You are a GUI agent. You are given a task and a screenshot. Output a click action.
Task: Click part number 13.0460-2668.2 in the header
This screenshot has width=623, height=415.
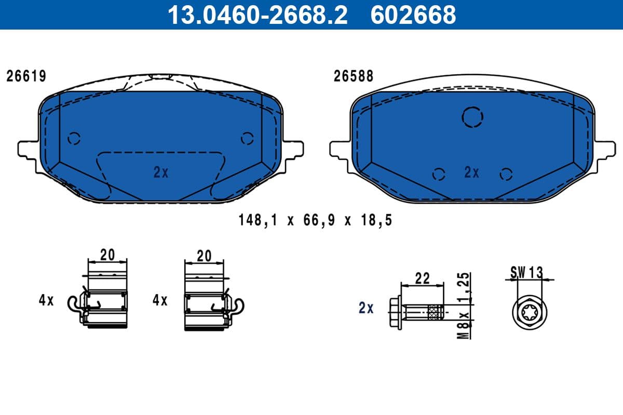click(257, 15)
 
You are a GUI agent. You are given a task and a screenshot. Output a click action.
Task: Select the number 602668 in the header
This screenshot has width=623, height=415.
click(413, 15)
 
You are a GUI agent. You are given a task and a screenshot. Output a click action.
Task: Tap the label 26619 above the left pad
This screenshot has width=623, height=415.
click(26, 76)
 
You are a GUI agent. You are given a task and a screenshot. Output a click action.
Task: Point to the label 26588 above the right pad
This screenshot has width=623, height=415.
click(353, 76)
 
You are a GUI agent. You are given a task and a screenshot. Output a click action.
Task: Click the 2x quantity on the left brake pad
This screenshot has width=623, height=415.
click(161, 173)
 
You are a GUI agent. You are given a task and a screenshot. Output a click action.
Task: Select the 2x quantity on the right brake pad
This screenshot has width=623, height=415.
click(471, 173)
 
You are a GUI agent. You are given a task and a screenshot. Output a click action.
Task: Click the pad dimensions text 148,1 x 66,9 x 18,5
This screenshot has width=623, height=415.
click(315, 220)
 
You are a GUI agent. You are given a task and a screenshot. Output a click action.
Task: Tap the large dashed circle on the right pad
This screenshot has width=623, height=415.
click(472, 117)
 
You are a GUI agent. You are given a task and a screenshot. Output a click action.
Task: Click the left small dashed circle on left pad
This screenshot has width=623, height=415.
click(74, 139)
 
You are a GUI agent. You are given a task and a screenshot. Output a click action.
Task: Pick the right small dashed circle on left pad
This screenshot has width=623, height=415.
click(247, 139)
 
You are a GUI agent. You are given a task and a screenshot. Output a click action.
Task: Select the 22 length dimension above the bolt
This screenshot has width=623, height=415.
click(423, 278)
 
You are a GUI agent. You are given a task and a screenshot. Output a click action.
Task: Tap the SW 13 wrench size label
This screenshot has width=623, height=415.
click(526, 271)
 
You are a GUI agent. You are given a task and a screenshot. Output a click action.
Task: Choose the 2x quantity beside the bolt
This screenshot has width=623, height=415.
click(366, 308)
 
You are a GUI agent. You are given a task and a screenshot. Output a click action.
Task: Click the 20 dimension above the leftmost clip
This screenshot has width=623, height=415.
click(107, 255)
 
